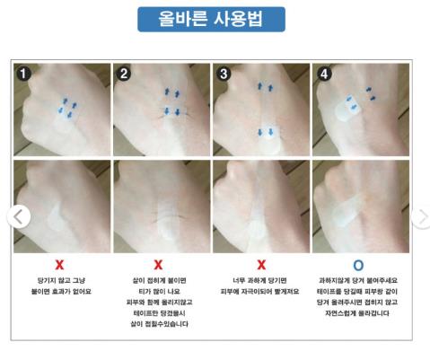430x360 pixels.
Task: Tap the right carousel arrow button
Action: point(421,216)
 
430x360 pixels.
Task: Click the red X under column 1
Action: point(59,266)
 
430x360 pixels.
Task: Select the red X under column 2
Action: point(159,266)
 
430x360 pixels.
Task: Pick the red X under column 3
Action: point(260,266)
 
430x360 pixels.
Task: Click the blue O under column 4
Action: point(359,266)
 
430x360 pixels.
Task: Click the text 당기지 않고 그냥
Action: point(60,280)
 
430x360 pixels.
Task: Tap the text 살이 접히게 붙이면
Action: point(160,280)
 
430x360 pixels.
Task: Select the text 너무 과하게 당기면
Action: point(260,280)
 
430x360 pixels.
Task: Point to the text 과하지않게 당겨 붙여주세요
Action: point(359,280)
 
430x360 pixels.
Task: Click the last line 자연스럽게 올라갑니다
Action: point(359,314)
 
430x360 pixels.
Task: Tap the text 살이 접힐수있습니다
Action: point(160,324)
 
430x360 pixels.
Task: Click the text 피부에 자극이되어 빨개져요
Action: point(260,292)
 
